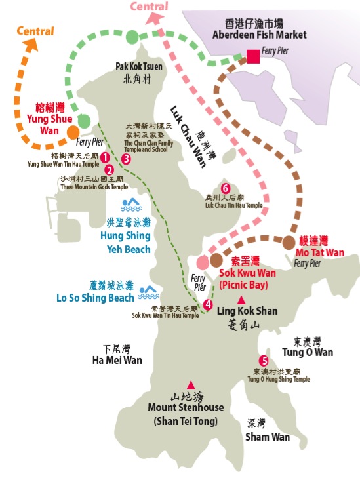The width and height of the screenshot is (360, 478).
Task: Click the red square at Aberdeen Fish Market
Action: [253, 57]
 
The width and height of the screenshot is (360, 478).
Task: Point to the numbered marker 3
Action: [126, 159]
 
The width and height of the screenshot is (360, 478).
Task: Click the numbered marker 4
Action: [208, 304]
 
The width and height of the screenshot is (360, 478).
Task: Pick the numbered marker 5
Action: [264, 361]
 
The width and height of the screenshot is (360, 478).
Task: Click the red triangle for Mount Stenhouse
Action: [191, 385]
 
